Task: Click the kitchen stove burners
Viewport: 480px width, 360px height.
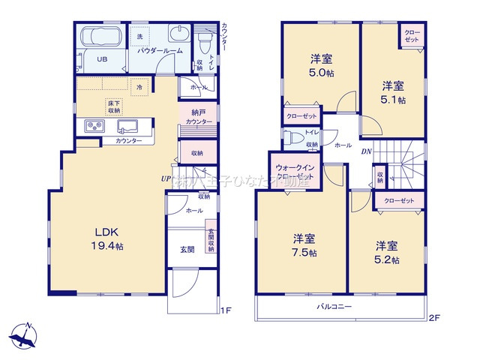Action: (94, 126)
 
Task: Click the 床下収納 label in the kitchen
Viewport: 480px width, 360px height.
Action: (114, 106)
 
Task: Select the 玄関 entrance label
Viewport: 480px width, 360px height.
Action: (187, 249)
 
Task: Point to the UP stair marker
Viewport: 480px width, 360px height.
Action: (166, 178)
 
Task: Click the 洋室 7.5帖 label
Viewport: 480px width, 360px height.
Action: (303, 246)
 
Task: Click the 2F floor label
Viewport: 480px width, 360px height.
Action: (433, 317)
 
